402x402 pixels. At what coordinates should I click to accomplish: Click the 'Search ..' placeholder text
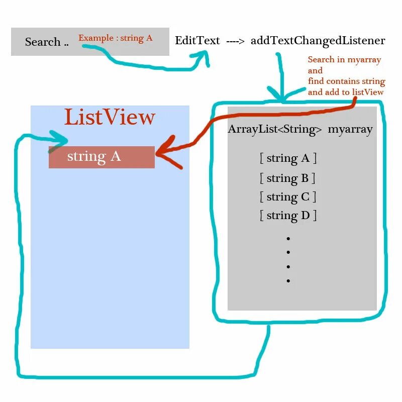point(47,42)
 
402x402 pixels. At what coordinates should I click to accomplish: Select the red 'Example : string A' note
point(116,38)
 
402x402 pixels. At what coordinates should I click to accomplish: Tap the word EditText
point(197,41)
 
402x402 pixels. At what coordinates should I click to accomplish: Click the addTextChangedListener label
point(318,41)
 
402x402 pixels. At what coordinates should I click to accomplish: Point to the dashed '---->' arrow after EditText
point(235,41)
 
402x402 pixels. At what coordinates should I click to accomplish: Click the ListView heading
point(110,117)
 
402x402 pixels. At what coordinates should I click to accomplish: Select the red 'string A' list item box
point(102,157)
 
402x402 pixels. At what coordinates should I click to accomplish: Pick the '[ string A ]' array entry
point(288,158)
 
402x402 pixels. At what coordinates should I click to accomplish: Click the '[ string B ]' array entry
point(287,178)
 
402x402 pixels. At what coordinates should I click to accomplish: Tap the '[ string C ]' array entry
point(288,197)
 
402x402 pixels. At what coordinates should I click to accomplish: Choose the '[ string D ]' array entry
point(288,216)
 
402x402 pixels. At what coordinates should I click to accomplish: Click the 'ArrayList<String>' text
point(275,129)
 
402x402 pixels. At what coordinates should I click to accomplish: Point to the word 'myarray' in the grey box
point(350,129)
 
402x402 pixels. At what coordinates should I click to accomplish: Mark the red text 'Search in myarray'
point(344,60)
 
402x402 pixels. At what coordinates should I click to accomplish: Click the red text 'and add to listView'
point(346,92)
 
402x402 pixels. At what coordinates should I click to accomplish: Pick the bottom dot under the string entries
point(288,281)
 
